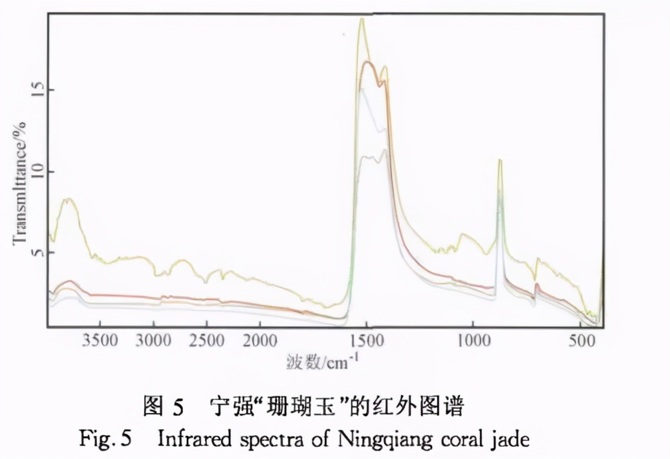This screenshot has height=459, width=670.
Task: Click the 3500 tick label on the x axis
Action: click(x=100, y=341)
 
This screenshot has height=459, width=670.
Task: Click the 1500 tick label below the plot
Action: click(x=366, y=341)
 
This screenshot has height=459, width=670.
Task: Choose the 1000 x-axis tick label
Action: click(x=472, y=341)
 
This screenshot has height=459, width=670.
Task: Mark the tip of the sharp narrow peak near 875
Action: click(x=499, y=160)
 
